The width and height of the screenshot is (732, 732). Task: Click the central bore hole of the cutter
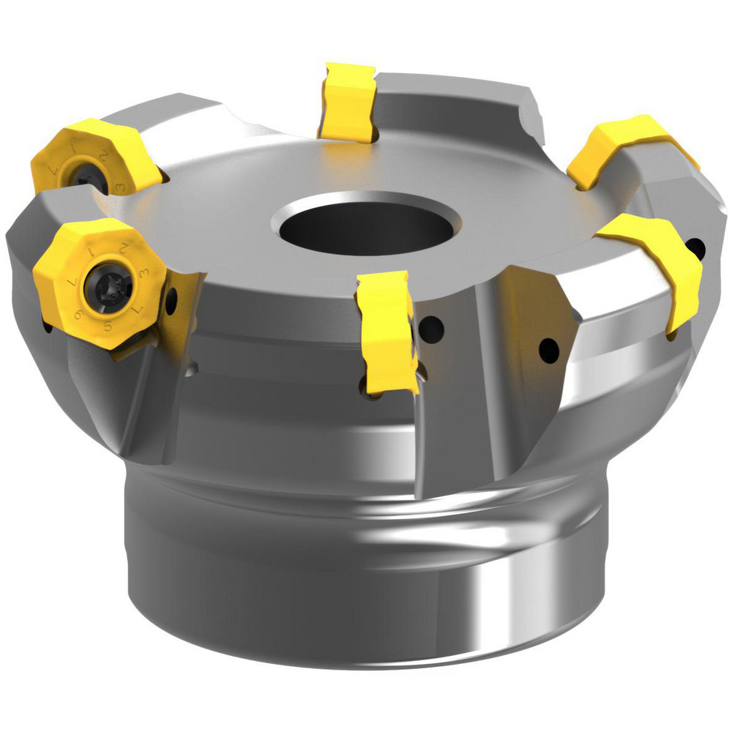(x=369, y=224)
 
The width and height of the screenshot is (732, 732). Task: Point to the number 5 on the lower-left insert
(x=109, y=327)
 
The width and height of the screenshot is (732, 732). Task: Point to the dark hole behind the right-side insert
(x=698, y=249)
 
